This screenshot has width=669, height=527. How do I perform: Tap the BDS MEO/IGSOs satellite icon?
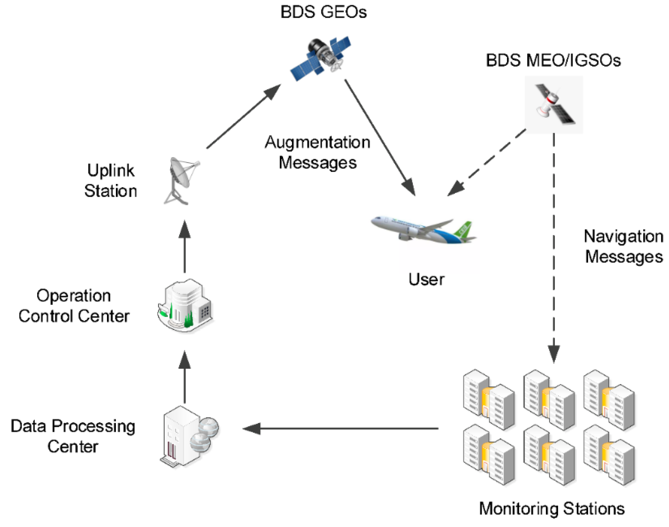[554, 104]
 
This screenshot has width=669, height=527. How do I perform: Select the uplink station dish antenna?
[181, 181]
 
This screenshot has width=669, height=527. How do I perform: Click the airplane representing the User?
[423, 230]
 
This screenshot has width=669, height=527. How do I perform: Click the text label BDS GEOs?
[323, 12]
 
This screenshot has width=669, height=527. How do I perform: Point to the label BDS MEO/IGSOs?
[553, 60]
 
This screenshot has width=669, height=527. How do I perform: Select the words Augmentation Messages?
[317, 152]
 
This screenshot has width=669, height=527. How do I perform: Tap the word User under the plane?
[426, 279]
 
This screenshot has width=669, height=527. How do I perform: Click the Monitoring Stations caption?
[552, 508]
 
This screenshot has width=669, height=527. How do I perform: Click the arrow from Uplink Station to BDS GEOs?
[243, 117]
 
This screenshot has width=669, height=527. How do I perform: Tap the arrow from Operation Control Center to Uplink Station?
[185, 246]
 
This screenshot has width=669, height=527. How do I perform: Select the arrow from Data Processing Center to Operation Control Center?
[185, 377]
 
